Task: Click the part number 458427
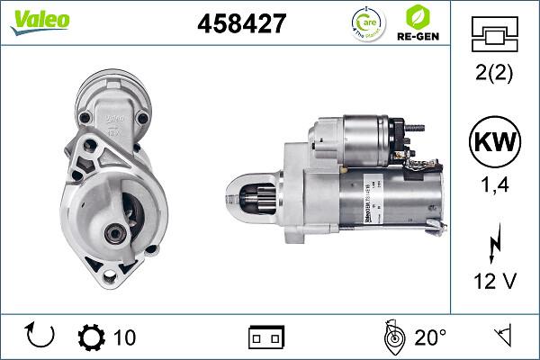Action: (x=241, y=22)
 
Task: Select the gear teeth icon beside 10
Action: (x=92, y=337)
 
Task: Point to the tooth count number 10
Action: (x=125, y=337)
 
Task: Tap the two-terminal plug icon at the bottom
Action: (x=266, y=337)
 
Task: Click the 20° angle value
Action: (x=430, y=337)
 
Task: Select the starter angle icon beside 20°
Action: (x=392, y=337)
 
